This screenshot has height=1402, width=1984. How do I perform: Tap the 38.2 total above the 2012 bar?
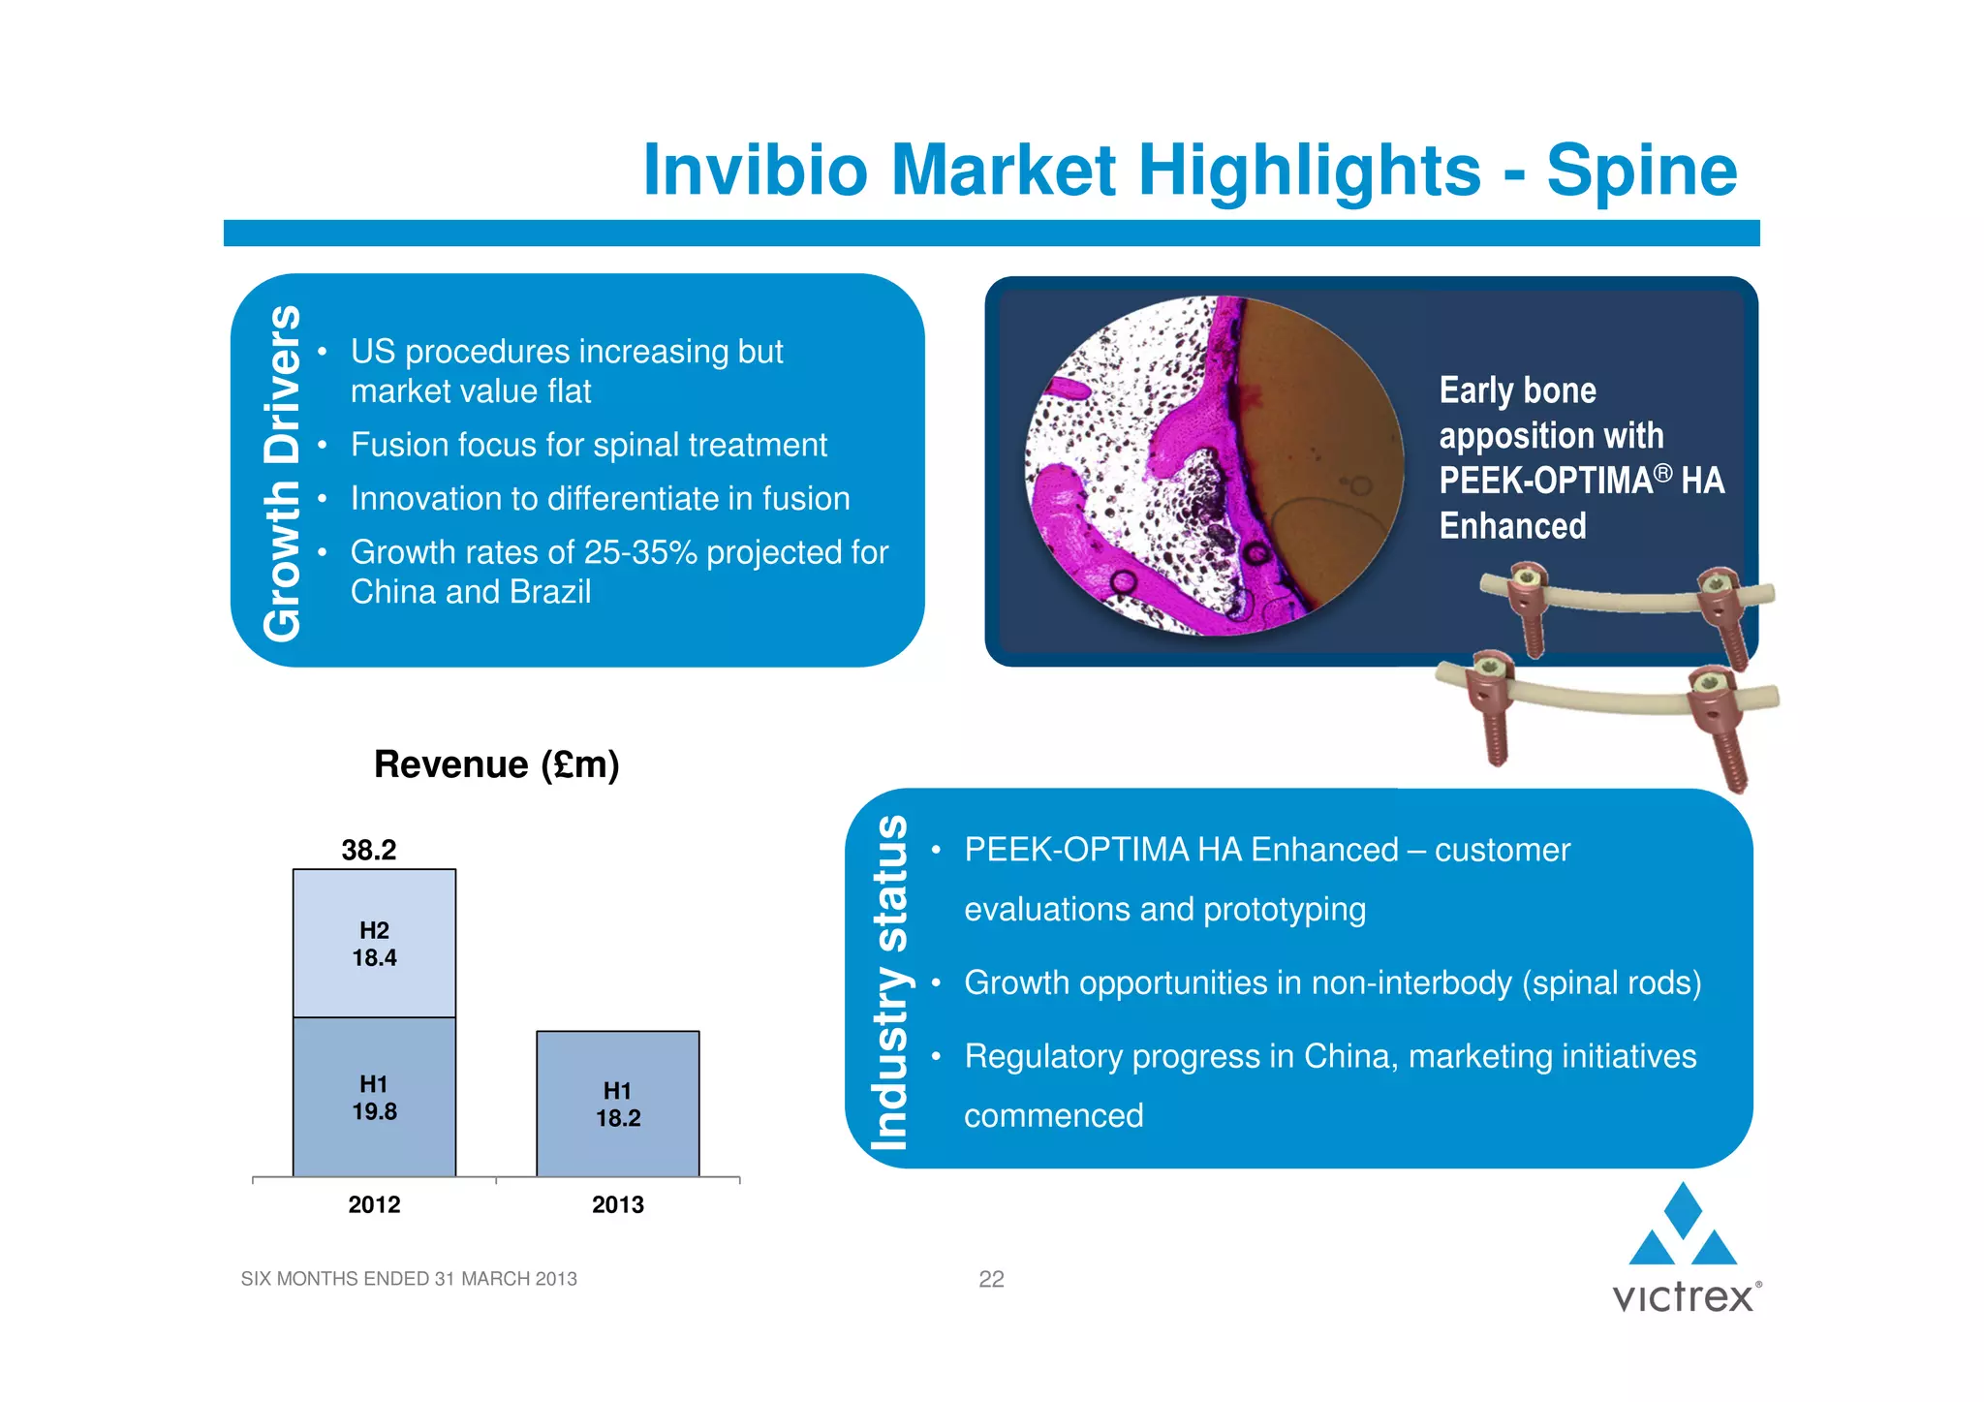368,850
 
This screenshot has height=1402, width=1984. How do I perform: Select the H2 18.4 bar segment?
374,944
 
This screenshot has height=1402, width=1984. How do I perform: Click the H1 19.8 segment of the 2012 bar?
374,1098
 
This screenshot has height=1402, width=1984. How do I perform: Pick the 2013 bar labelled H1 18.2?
618,1105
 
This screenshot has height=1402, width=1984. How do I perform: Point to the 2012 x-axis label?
374,1204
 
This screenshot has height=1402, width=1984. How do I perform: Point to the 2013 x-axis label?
618,1204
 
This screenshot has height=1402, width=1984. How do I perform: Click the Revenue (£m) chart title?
496,764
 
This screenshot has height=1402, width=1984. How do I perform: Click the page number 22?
991,1279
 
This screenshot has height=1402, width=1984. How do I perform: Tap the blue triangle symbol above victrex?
1683,1226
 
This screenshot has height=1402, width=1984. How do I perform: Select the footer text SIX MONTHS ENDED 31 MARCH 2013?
408,1279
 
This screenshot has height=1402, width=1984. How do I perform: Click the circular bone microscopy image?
1215,466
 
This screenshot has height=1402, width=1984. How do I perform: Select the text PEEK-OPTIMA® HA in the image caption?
1581,481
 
